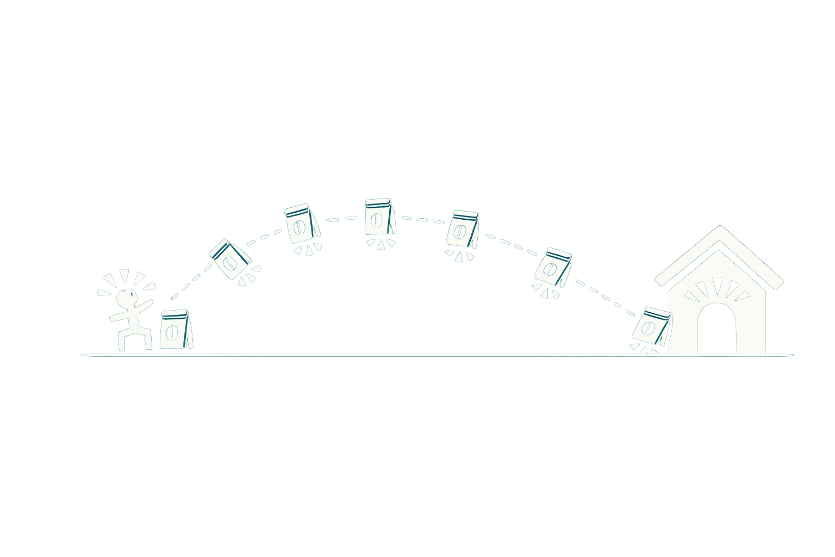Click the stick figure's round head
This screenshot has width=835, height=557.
pos(126,299)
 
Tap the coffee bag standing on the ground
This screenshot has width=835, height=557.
pos(175,330)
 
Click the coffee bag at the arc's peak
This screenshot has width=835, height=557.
pos(379,217)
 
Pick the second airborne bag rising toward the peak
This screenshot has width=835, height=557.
pos(301,224)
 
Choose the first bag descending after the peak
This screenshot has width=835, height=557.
pos(462,230)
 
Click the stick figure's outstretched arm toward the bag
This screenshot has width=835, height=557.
pos(144,305)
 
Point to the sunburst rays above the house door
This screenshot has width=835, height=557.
pos(717,288)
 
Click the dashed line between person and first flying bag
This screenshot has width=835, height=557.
pos(188,286)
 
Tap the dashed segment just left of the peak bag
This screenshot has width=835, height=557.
pos(342,219)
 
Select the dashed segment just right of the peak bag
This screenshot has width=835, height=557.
pos(421,220)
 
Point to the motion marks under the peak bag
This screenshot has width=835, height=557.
pos(380,243)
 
